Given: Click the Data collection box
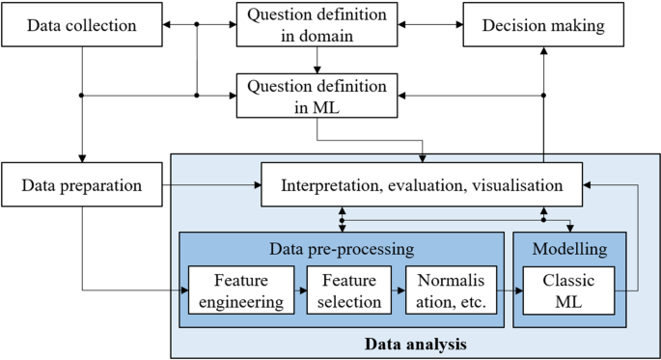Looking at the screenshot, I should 82,26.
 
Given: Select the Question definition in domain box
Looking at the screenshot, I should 317,26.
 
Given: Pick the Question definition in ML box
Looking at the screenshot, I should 317,96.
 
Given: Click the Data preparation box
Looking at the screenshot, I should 82,184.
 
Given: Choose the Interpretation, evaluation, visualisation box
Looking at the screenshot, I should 423,184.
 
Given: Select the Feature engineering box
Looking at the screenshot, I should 239,290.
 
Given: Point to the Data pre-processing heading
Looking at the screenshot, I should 342,248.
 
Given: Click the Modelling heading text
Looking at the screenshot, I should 570,248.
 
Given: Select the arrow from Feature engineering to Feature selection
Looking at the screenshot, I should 299,290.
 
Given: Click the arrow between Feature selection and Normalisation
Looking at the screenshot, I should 398,290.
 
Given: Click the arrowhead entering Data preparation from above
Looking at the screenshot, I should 82,159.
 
